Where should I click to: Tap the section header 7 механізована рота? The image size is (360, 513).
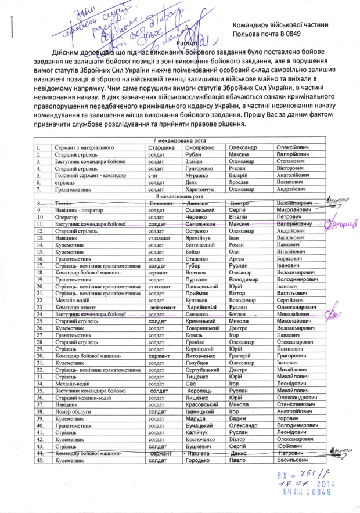pyautogui.click(x=180, y=142)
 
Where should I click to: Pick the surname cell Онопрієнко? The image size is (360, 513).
pyautogui.click(x=201, y=148)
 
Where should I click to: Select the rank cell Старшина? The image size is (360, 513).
pyautogui.click(x=161, y=148)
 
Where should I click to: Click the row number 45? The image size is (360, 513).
pyautogui.click(x=39, y=460)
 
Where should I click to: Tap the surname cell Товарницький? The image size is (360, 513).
pyautogui.click(x=204, y=328)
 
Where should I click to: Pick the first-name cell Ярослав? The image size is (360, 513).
pyautogui.click(x=240, y=182)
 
